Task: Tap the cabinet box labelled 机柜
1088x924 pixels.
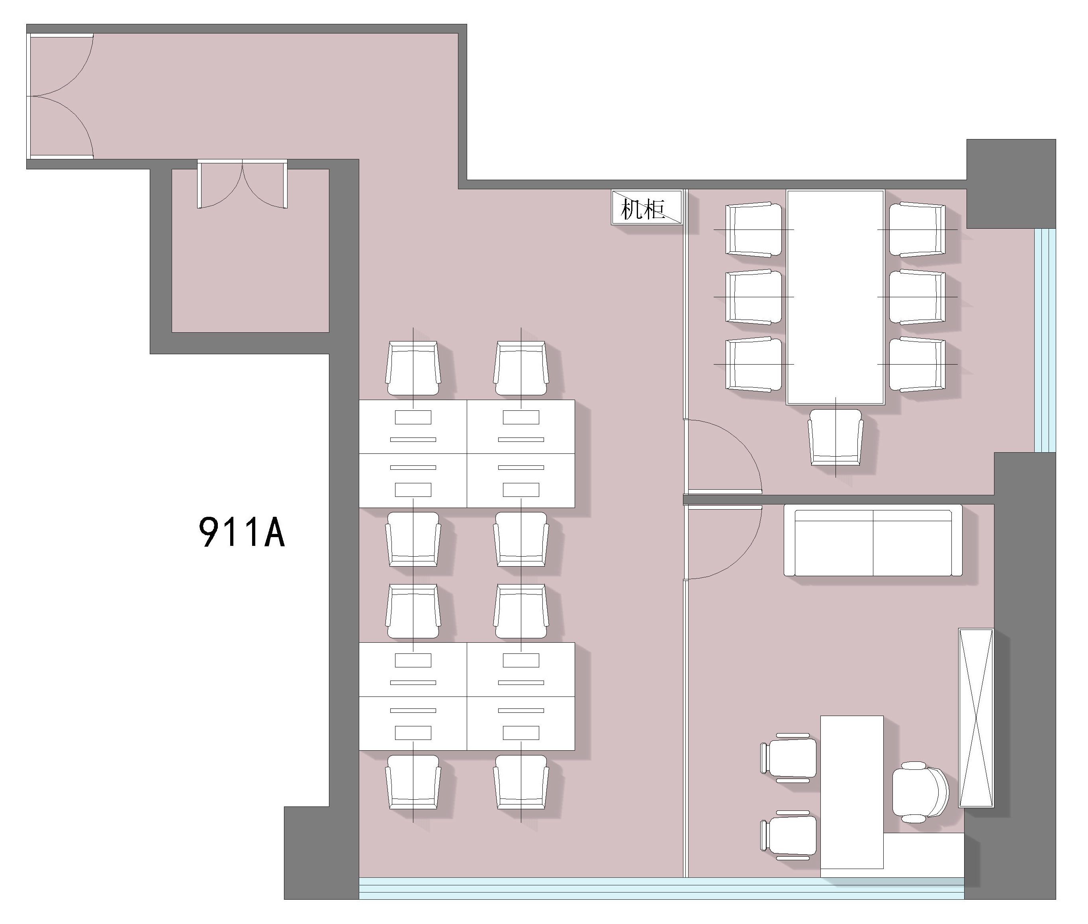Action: (647, 208)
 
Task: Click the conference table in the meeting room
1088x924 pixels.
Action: (835, 297)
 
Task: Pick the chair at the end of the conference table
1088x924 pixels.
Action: (835, 437)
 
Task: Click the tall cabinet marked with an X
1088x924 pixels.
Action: (976, 718)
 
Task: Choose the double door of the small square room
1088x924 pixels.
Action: (242, 184)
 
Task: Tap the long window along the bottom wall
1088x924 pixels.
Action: (661, 889)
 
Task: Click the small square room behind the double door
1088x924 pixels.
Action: (250, 250)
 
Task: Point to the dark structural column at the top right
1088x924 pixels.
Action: (1010, 183)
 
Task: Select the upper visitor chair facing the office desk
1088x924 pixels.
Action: (789, 758)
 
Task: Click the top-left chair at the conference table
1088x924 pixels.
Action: (754, 230)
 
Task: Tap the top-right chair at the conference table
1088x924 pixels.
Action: (917, 230)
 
